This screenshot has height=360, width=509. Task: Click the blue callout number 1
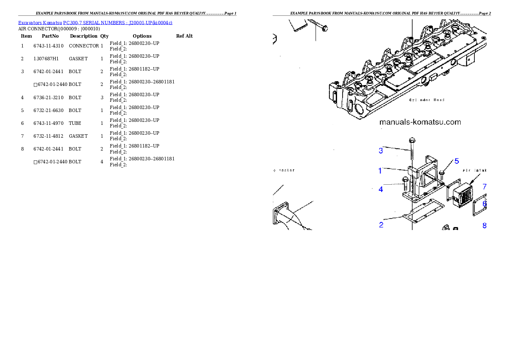(x=380, y=171)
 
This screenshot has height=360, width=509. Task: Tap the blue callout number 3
(x=381, y=150)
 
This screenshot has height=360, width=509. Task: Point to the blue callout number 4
(x=381, y=189)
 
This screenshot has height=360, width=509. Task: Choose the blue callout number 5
(x=456, y=161)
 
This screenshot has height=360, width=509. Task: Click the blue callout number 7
(x=485, y=187)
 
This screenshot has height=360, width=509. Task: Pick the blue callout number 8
(x=485, y=225)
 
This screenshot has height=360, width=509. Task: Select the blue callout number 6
(x=485, y=204)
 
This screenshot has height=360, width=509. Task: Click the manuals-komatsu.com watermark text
(x=420, y=122)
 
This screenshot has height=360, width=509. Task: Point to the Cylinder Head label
(x=426, y=100)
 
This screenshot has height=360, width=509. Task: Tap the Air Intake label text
(x=475, y=170)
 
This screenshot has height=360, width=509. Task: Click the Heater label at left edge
(x=284, y=170)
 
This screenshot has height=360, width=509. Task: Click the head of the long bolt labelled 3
(x=412, y=140)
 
